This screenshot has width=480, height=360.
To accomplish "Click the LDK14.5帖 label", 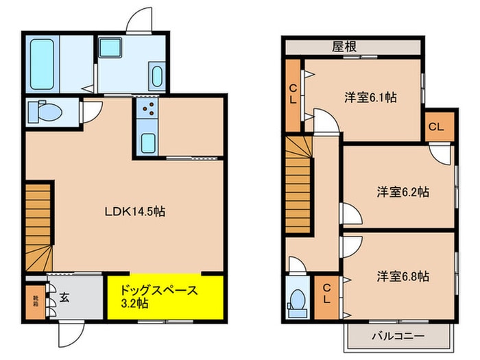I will (x=134, y=212).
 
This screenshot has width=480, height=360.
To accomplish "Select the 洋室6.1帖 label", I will (x=370, y=98).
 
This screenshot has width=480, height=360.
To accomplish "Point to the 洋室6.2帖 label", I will (x=403, y=193).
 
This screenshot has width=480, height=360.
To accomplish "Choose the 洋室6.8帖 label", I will (x=403, y=276).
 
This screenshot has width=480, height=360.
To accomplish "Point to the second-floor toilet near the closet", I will (x=298, y=300).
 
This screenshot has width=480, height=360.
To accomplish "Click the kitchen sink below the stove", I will (x=147, y=145).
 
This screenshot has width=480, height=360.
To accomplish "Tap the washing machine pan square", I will (x=109, y=49).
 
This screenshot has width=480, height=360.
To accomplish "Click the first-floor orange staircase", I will (x=38, y=226).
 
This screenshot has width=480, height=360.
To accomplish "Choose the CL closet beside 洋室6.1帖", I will (x=293, y=94).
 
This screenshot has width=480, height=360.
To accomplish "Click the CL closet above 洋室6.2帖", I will (x=436, y=127).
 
